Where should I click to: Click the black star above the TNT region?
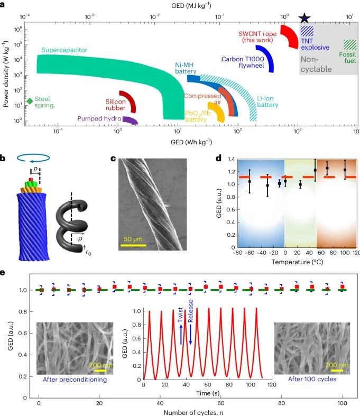click(x=305, y=19)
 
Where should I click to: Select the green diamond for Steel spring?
click(x=30, y=101)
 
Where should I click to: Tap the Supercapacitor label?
click(x=64, y=50)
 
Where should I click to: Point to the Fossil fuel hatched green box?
click(x=350, y=44)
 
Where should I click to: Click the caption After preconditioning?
click(x=74, y=379)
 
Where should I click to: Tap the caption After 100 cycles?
click(x=309, y=379)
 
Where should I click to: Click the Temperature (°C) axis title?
click(x=287, y=261)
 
